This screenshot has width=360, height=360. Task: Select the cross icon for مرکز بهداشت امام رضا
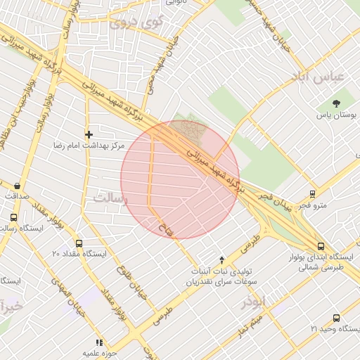[89, 134]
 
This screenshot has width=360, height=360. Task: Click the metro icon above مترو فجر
[312, 194]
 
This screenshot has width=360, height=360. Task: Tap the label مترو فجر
[312, 205]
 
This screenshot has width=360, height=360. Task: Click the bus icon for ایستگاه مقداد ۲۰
[78, 243]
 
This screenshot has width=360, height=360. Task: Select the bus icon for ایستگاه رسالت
[13, 218]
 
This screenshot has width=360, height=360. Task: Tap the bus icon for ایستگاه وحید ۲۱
[336, 318]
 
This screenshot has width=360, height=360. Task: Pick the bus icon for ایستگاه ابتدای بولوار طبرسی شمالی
[321, 246]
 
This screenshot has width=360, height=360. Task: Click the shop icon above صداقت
[16, 186]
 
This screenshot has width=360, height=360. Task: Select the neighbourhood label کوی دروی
[136, 22]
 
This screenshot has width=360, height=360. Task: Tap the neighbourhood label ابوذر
[254, 302]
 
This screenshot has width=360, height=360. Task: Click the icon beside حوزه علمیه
[99, 342]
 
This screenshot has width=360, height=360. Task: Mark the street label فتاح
[162, 226]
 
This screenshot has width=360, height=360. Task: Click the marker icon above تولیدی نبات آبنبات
[222, 259]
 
